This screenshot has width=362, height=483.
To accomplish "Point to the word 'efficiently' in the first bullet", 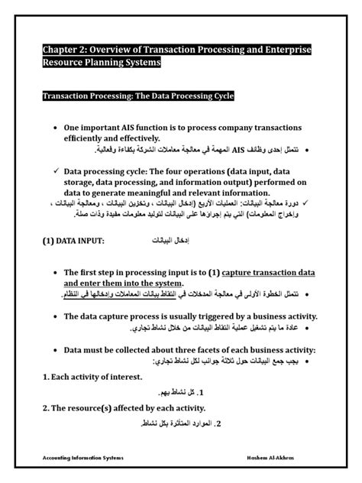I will click(89, 138).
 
